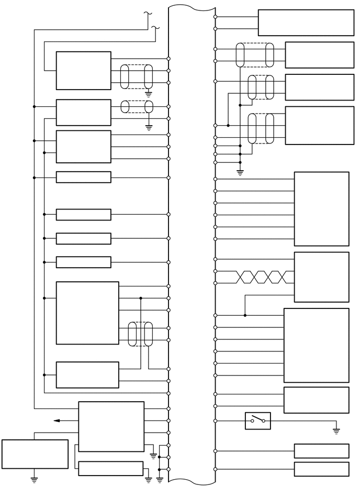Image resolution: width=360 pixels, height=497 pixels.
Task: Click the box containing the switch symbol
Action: [258, 421]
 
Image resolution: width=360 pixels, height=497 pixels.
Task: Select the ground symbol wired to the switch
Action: [336, 431]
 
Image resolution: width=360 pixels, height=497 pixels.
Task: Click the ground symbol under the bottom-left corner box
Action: [35, 478]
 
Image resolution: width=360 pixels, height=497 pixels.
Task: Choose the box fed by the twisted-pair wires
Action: [321, 277]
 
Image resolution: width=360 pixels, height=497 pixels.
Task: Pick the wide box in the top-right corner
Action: [306, 23]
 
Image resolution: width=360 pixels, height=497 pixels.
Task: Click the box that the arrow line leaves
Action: [111, 426]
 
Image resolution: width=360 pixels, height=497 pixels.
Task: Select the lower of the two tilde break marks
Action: [155, 27]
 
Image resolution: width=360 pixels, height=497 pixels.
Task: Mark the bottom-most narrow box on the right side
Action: [321, 469]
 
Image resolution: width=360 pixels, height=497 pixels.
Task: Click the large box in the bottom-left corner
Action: [35, 454]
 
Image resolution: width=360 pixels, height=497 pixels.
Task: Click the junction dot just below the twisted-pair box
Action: [245, 315]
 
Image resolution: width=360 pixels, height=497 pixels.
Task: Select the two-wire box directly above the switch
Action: [316, 400]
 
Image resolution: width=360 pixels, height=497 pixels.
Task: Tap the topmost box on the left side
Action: [83, 71]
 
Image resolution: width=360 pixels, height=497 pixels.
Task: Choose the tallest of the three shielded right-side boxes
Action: [319, 125]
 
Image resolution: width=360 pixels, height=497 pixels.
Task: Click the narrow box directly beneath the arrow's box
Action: [110, 468]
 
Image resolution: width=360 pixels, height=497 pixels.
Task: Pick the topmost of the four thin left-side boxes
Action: [83, 178]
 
